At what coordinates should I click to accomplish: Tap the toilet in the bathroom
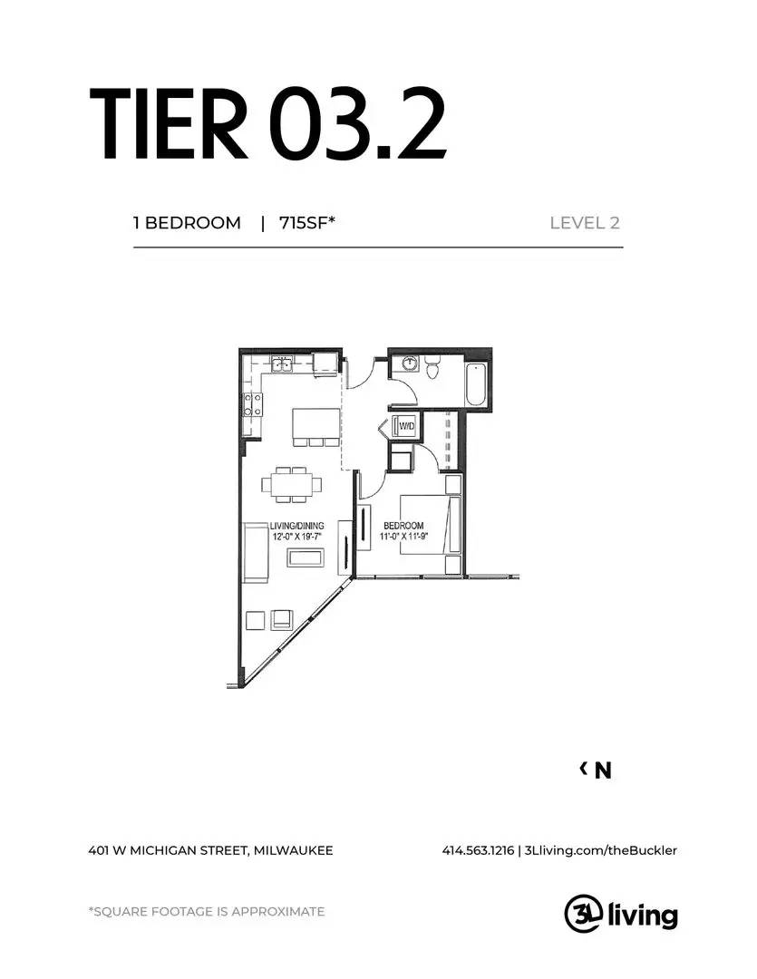click(x=432, y=367)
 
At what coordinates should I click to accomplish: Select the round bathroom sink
click(x=410, y=363)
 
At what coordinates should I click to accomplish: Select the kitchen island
click(x=315, y=424)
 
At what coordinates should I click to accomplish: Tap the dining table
click(x=292, y=484)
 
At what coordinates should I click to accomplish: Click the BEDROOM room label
click(x=403, y=526)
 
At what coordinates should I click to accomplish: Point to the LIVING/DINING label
click(x=296, y=526)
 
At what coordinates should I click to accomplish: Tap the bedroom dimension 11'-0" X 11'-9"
click(x=403, y=537)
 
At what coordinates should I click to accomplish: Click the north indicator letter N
click(x=603, y=771)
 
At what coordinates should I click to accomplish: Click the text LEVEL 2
click(x=585, y=223)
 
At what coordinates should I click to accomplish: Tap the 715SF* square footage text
click(x=307, y=223)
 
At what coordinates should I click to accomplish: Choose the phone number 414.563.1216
click(x=478, y=850)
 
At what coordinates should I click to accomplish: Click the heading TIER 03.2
click(x=267, y=123)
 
